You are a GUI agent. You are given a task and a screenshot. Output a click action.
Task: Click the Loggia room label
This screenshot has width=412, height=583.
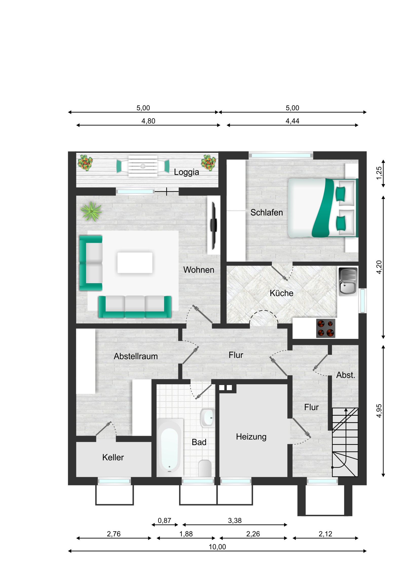click(186, 172)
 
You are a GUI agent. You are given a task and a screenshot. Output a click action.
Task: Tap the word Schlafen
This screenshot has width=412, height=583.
click(267, 212)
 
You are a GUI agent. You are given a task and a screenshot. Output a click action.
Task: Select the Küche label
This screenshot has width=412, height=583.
click(281, 293)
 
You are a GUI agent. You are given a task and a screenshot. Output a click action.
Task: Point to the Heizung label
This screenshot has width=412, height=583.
click(251, 437)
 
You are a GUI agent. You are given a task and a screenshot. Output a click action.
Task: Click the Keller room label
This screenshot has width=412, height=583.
click(113, 457)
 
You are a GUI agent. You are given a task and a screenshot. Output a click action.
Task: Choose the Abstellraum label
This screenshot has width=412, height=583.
click(136, 356)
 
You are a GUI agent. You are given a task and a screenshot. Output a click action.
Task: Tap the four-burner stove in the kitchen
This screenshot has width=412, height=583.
click(326, 328)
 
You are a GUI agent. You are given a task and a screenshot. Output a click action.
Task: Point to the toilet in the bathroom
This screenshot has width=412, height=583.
click(204, 468)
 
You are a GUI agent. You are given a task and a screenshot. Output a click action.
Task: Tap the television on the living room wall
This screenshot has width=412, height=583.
click(214, 225)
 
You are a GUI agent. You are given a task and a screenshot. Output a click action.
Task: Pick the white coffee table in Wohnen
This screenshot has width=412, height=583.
click(135, 263)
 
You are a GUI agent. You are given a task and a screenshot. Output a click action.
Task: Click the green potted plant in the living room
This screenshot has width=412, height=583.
click(91, 211)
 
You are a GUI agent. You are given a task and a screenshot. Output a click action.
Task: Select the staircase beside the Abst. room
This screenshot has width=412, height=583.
click(345, 442)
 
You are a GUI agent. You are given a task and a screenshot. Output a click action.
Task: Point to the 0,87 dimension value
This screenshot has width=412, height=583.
click(164, 521)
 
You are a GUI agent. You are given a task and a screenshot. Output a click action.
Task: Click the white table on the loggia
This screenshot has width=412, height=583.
click(143, 166)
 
